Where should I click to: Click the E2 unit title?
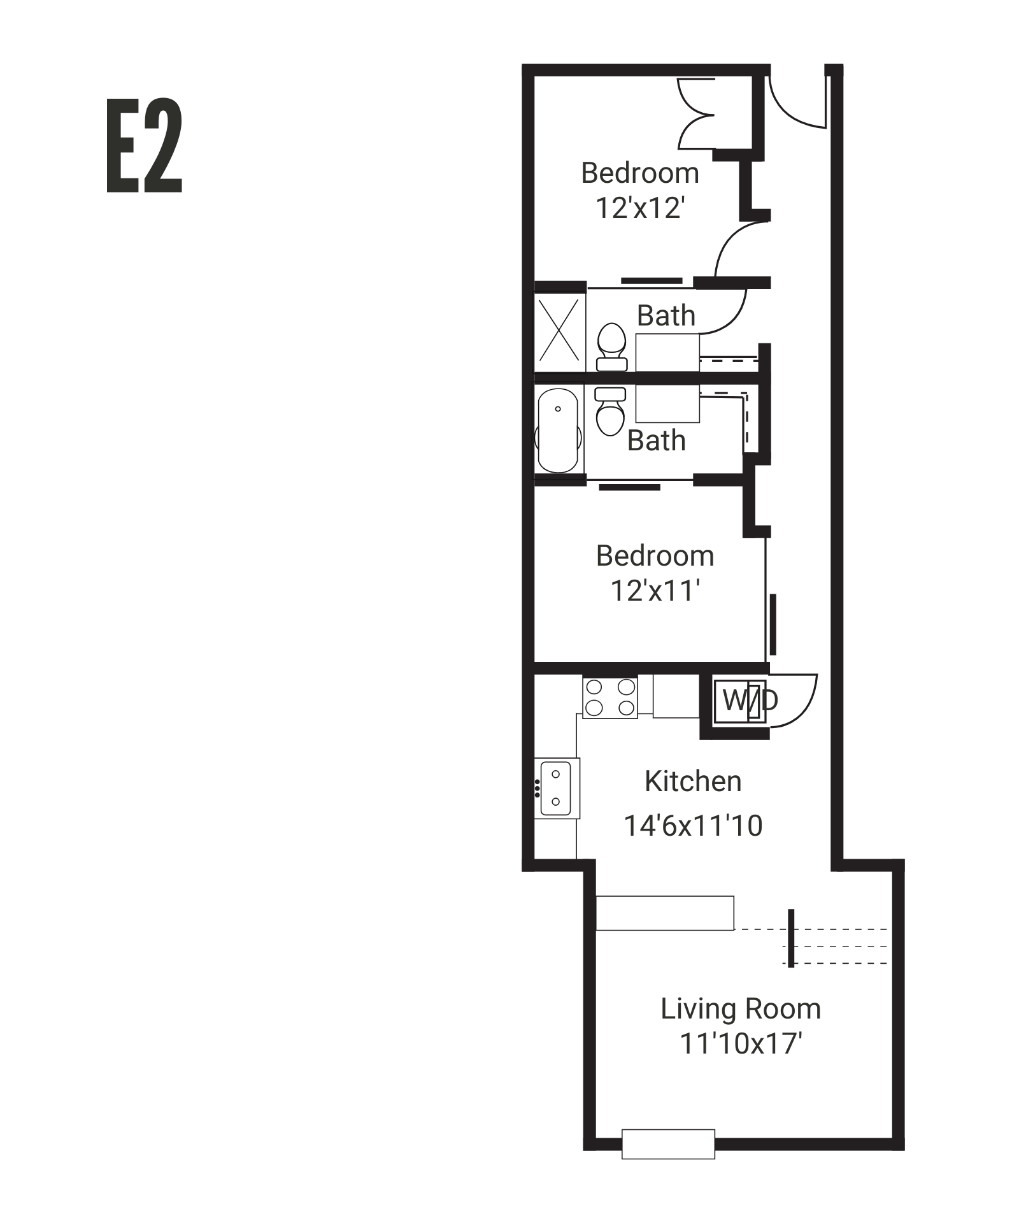(x=145, y=146)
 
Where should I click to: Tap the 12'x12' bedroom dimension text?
(x=640, y=208)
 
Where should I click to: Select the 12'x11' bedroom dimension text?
(x=655, y=590)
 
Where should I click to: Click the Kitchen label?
(x=693, y=781)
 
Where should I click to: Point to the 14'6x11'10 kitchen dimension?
(x=693, y=826)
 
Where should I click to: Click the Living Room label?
(x=740, y=1008)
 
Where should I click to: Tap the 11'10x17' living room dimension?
(x=740, y=1043)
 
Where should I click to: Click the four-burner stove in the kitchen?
(x=610, y=697)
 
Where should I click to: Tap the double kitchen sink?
(x=556, y=788)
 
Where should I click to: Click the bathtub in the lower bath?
(x=558, y=431)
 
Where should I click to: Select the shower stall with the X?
(x=559, y=331)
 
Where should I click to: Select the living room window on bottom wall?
(x=668, y=1144)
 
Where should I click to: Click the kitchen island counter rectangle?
(x=665, y=913)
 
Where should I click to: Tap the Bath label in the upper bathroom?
(x=666, y=316)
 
